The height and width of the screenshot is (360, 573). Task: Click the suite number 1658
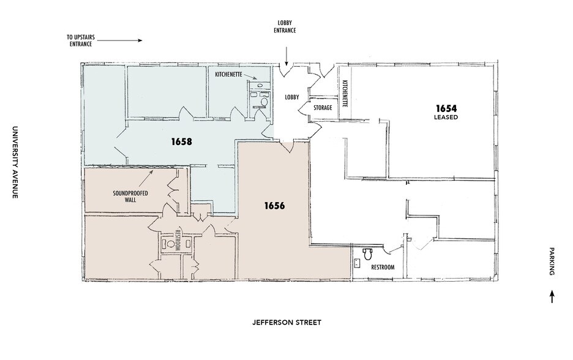pos(182,141)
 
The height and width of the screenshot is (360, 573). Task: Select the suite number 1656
pos(274,206)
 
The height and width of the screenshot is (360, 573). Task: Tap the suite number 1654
pos(446,108)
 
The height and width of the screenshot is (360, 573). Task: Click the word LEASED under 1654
pos(446,118)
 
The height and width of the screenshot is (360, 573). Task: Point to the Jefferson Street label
pos(287,323)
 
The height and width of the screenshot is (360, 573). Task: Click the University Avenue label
pos(15,162)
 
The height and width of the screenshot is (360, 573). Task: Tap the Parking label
pos(552,261)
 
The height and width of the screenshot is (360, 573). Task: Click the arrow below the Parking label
pos(552,297)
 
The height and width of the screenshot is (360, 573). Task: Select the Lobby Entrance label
pos(285,27)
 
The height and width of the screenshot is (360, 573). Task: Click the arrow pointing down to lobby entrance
pos(286,56)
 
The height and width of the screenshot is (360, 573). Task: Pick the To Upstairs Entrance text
pos(81,40)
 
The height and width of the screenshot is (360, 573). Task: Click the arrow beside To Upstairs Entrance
pos(120,40)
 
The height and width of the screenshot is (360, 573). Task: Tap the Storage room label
pos(323,108)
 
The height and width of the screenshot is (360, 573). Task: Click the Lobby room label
pos(292,97)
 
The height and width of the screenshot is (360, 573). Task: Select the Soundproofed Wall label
pos(130,197)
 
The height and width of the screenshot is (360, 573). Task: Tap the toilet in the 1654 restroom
pos(367,253)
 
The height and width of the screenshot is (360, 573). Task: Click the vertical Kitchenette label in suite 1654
pos(345,94)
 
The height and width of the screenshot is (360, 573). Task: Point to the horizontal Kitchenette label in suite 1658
pos(229,74)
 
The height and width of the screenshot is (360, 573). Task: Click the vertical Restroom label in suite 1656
pos(178,240)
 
